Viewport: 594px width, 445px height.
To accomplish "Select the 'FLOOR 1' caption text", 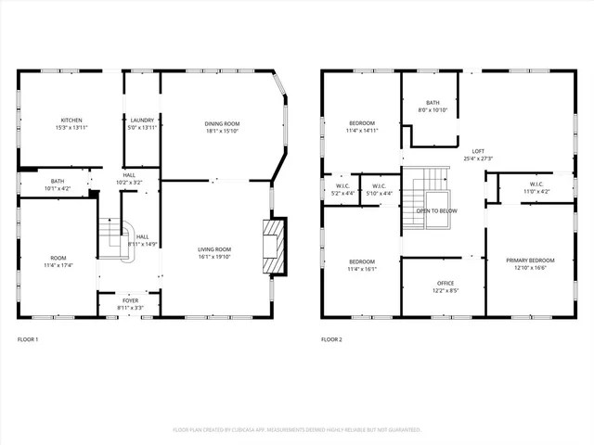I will point(28,340).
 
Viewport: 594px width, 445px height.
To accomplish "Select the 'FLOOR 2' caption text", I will point(331,340).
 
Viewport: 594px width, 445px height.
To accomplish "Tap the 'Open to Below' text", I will point(435,210).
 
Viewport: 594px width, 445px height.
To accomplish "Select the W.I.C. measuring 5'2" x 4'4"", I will point(341,189).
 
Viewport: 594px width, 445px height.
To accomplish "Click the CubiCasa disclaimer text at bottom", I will point(297,430).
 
